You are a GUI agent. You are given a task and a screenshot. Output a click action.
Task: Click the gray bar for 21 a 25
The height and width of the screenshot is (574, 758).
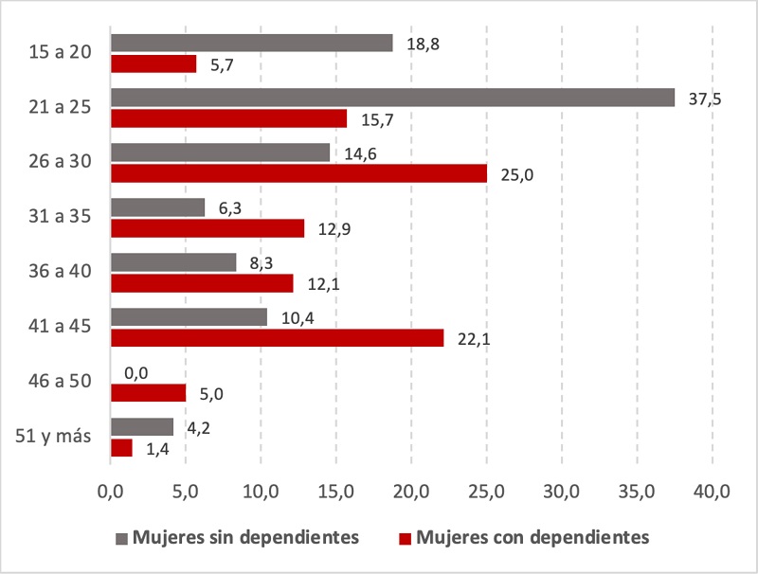392,98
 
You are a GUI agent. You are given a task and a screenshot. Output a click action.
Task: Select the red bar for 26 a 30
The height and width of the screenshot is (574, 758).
298,173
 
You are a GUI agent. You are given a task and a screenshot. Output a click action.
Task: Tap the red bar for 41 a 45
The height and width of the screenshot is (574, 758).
277,338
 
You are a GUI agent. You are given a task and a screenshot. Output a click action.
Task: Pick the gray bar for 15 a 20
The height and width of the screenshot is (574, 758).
251,43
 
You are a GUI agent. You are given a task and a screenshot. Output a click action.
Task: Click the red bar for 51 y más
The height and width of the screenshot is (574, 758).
121,448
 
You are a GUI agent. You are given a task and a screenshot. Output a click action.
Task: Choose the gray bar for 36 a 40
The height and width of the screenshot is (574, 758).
173,262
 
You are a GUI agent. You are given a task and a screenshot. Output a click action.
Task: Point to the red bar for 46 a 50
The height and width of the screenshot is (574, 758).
148,393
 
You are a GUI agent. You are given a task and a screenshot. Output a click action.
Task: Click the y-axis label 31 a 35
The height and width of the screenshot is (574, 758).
60,217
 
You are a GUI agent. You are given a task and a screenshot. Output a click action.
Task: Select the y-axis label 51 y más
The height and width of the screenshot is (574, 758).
54,436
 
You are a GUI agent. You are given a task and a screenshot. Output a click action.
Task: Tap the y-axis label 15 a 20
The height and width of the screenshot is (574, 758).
60,52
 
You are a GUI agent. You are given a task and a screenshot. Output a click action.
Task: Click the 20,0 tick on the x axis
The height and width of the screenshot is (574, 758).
411,492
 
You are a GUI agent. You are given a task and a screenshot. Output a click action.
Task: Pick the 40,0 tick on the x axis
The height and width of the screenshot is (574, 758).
712,492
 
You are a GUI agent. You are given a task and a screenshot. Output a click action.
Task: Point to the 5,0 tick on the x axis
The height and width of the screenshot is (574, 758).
186,492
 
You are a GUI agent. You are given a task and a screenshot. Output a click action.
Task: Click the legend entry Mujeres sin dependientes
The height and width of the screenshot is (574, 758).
236,537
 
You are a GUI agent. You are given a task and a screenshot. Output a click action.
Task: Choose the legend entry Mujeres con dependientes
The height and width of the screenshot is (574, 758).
523,537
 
